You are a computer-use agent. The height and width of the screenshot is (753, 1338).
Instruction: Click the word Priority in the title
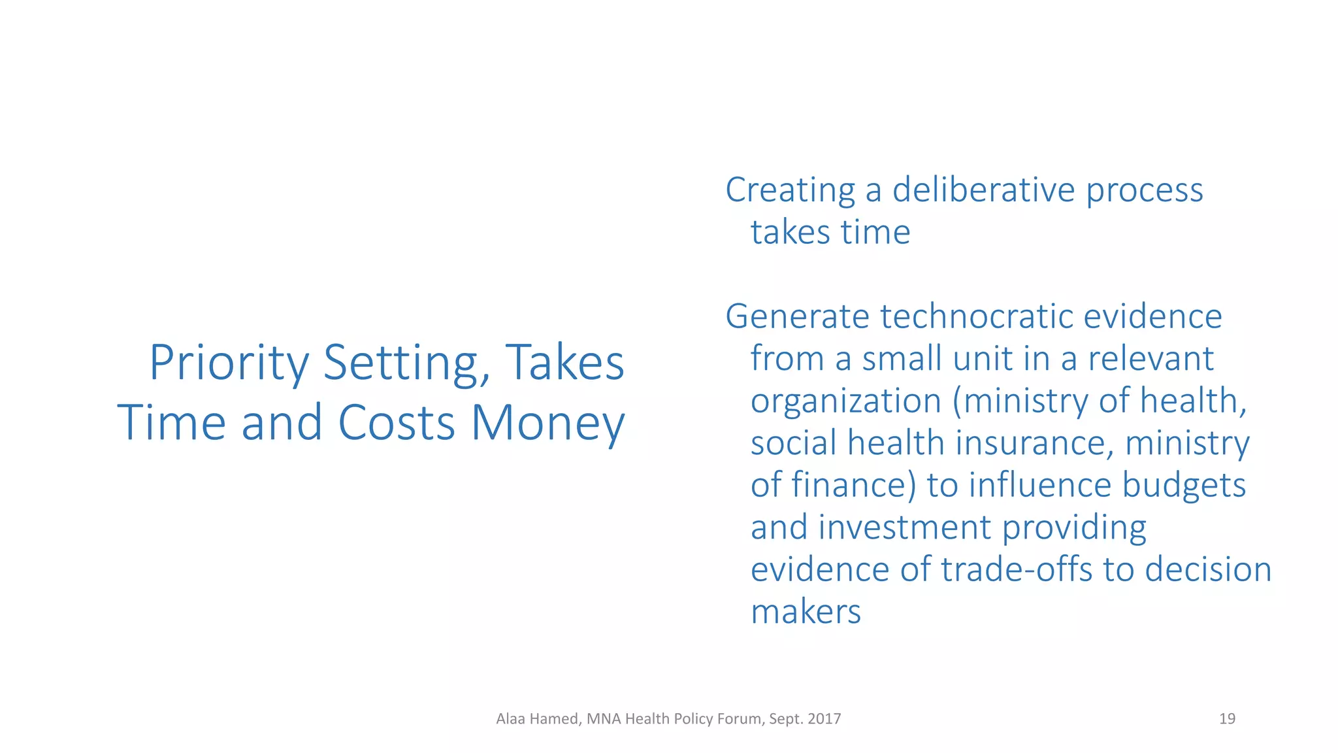229,363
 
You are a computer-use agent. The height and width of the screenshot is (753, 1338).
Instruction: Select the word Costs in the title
396,423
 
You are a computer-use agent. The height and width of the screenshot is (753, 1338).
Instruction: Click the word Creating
791,191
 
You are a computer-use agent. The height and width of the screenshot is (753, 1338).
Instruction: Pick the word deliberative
984,190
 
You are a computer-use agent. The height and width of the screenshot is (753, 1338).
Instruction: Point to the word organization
845,401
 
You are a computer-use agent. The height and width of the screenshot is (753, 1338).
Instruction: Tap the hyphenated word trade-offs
1017,569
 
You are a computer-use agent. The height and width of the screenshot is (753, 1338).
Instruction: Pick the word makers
806,612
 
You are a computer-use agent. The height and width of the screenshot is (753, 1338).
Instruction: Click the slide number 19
1227,719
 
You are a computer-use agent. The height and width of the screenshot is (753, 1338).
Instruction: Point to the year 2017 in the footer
824,719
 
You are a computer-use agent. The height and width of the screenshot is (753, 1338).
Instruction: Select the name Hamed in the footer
553,719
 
